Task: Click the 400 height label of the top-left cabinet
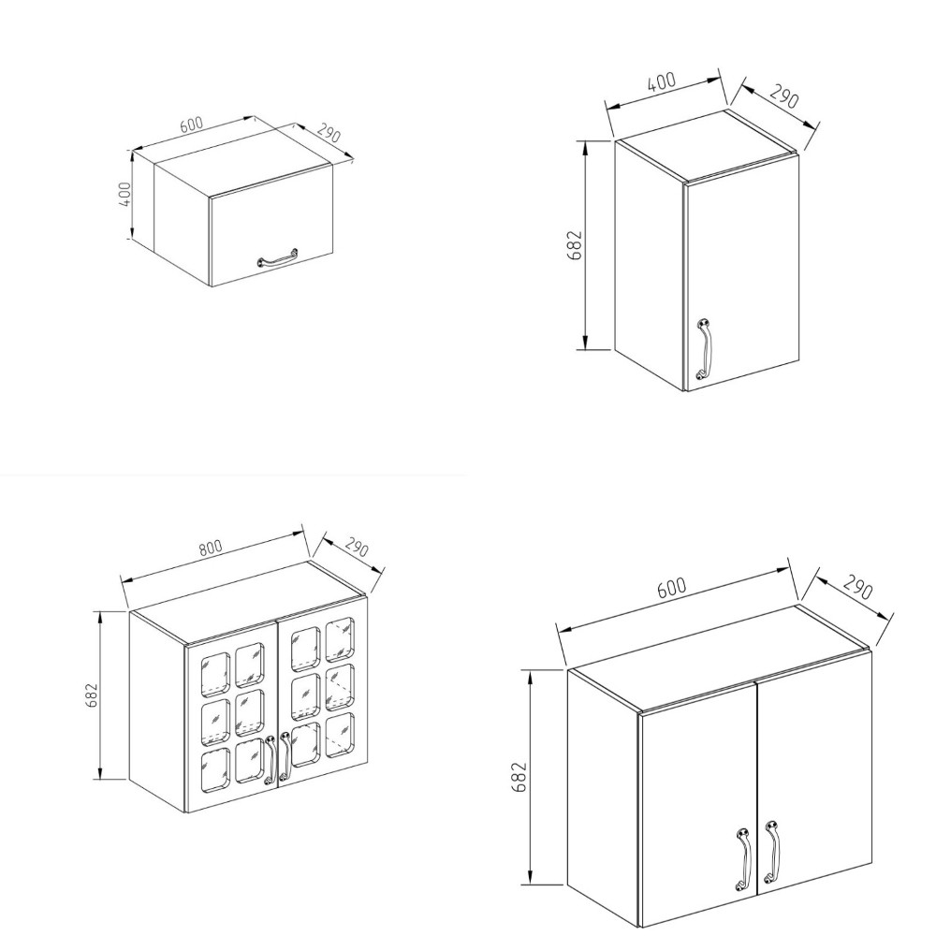(124, 194)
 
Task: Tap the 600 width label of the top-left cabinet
(192, 124)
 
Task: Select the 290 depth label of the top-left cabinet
(329, 133)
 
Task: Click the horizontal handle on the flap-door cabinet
(277, 258)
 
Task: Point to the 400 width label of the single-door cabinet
(662, 81)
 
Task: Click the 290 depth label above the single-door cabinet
(783, 96)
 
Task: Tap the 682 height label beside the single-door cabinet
(575, 244)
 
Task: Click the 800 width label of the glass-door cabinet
(211, 548)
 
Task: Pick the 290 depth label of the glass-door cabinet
(357, 548)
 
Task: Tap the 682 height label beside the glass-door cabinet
(92, 695)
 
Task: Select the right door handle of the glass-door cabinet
(285, 755)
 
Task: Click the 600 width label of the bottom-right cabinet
(671, 588)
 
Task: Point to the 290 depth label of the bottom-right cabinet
(858, 589)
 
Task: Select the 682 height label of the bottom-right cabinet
(519, 777)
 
